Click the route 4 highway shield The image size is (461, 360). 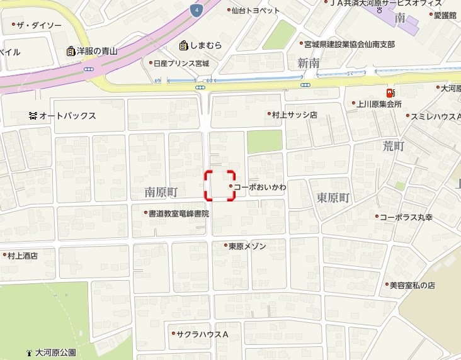click(x=197, y=10)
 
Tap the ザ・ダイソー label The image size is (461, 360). click(x=39, y=25)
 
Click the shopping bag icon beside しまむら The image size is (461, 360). click(x=183, y=45)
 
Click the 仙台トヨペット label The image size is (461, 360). click(x=255, y=11)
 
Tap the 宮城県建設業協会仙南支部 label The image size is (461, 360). click(x=349, y=45)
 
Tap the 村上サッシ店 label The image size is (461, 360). click(x=294, y=115)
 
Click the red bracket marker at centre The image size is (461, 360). click(x=220, y=186)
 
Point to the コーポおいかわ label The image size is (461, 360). click(x=260, y=187)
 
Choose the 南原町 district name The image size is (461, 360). click(x=162, y=191)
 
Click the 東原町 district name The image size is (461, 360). click(x=333, y=198)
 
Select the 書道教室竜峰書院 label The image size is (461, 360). click(x=178, y=213)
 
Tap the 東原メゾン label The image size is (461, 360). click(x=247, y=245)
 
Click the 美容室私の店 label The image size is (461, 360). click(x=412, y=285)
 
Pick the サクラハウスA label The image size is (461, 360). click(x=202, y=334)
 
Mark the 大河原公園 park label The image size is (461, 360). click(x=55, y=352)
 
